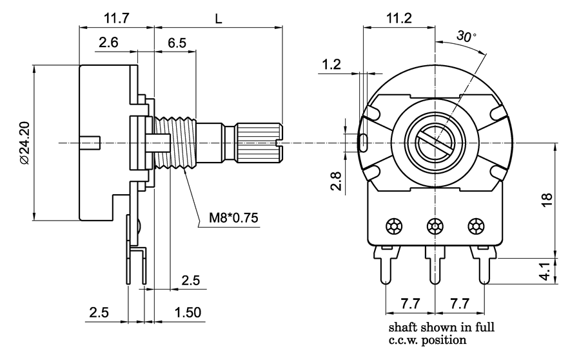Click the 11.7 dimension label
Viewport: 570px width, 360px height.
[116, 18]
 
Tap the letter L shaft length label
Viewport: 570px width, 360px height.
[219, 19]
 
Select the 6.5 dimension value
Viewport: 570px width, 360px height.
[177, 43]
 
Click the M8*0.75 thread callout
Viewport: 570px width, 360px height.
[233, 218]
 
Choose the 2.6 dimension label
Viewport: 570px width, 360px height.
[108, 43]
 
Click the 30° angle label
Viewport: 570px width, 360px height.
[466, 37]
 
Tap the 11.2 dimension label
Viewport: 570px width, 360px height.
[399, 18]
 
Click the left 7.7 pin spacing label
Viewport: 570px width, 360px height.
[409, 303]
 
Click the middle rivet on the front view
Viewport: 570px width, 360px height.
[435, 226]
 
